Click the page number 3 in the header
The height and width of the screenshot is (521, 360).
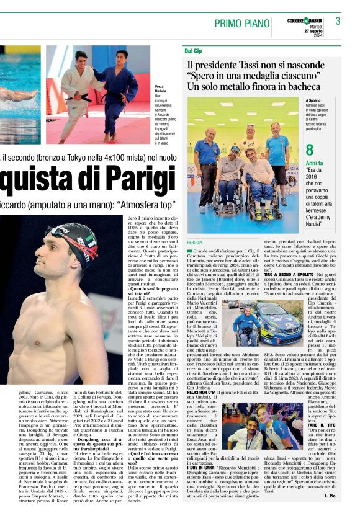(338, 21)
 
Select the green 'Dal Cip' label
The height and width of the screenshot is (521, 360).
(193, 50)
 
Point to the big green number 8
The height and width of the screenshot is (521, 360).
(310, 149)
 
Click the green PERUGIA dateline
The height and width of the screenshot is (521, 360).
(196, 242)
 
